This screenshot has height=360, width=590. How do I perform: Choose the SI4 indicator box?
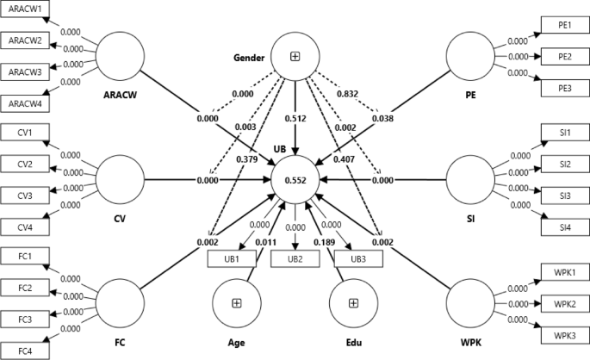tap(564, 227)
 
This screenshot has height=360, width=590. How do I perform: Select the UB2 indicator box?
tap(295, 258)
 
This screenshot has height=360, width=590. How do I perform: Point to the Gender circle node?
tap(295, 56)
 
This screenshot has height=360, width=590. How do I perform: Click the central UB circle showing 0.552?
tap(295, 180)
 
